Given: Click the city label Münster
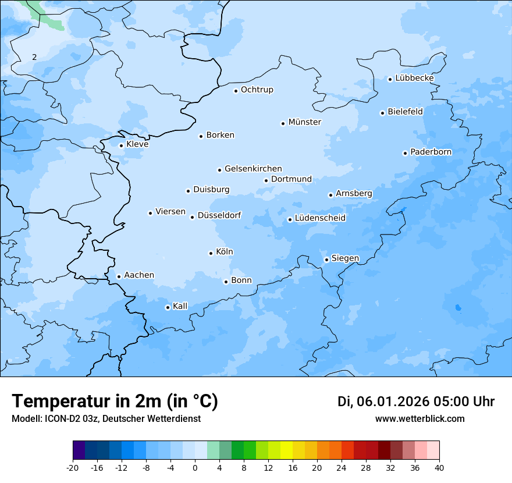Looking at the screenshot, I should tap(304, 122).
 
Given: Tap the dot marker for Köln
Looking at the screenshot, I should tap(211, 253).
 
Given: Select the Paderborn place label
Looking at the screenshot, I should tap(431, 152).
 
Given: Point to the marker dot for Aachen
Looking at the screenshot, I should tap(119, 276).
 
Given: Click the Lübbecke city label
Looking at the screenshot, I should tap(414, 78).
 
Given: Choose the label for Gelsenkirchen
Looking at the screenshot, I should tap(253, 169).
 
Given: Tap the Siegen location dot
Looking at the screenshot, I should tap(326, 260).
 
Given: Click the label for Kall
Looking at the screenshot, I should tap(180, 306).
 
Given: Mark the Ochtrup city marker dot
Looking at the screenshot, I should tap(236, 90).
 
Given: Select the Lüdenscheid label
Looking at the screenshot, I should tap(320, 218).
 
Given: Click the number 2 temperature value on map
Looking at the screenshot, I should tap(34, 57).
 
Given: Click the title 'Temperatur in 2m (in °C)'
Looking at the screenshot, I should tap(115, 401).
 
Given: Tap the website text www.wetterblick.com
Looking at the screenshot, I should tap(419, 418).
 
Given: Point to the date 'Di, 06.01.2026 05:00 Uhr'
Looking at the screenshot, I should tap(416, 402).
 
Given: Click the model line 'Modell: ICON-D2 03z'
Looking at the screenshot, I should tap(106, 418).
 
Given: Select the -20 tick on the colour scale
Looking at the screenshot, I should tap(73, 467).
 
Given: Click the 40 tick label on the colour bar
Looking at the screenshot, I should tap(439, 467).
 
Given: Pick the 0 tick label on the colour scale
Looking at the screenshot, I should tap(195, 467).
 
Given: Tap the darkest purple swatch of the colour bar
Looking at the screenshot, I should tap(79, 450).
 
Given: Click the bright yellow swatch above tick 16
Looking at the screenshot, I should tap(286, 450).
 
